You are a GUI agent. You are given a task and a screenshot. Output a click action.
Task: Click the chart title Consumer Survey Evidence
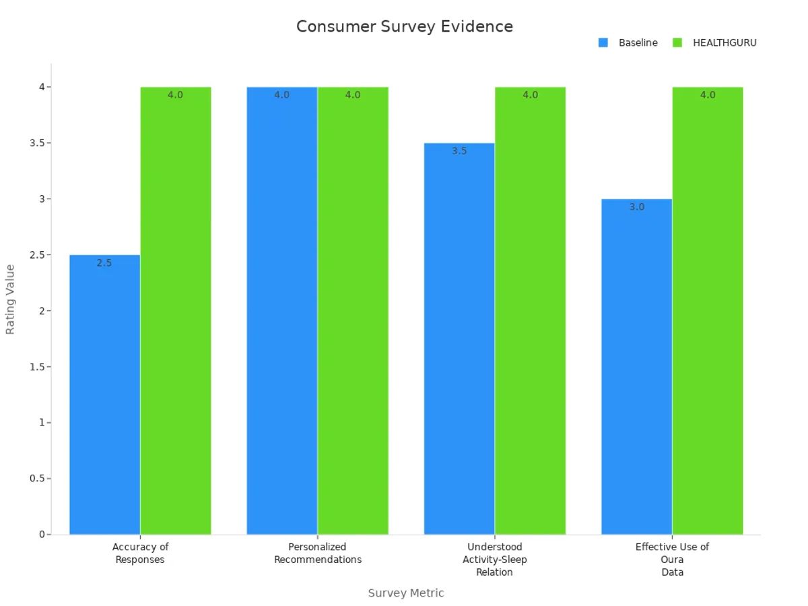(x=405, y=27)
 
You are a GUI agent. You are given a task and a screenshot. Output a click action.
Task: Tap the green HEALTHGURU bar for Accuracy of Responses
(x=176, y=310)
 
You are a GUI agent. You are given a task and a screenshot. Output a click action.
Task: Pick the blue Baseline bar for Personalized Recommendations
(x=281, y=310)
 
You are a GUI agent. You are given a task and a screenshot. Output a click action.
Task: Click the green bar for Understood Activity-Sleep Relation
(x=530, y=310)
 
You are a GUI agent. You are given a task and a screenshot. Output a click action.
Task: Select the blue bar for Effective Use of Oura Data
(x=636, y=367)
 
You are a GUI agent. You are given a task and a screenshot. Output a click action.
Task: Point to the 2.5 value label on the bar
(x=104, y=263)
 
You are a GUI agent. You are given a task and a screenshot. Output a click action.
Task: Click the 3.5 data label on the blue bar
(x=459, y=151)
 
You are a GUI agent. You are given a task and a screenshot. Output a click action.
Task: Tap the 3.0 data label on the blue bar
(x=636, y=207)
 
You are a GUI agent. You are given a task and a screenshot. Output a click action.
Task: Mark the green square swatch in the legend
(x=677, y=42)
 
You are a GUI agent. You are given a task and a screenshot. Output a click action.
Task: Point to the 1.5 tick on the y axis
(x=36, y=367)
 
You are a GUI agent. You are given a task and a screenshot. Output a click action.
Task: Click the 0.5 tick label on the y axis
(x=36, y=479)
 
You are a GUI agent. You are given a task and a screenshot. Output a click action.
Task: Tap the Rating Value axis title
(x=10, y=299)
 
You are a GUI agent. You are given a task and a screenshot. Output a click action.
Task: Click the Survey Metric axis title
(x=405, y=593)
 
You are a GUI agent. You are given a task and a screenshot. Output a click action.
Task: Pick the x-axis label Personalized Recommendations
(x=317, y=553)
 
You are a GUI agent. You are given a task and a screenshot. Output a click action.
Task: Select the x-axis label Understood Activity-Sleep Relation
(x=494, y=560)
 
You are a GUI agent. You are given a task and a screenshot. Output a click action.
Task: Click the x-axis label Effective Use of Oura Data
(x=672, y=560)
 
